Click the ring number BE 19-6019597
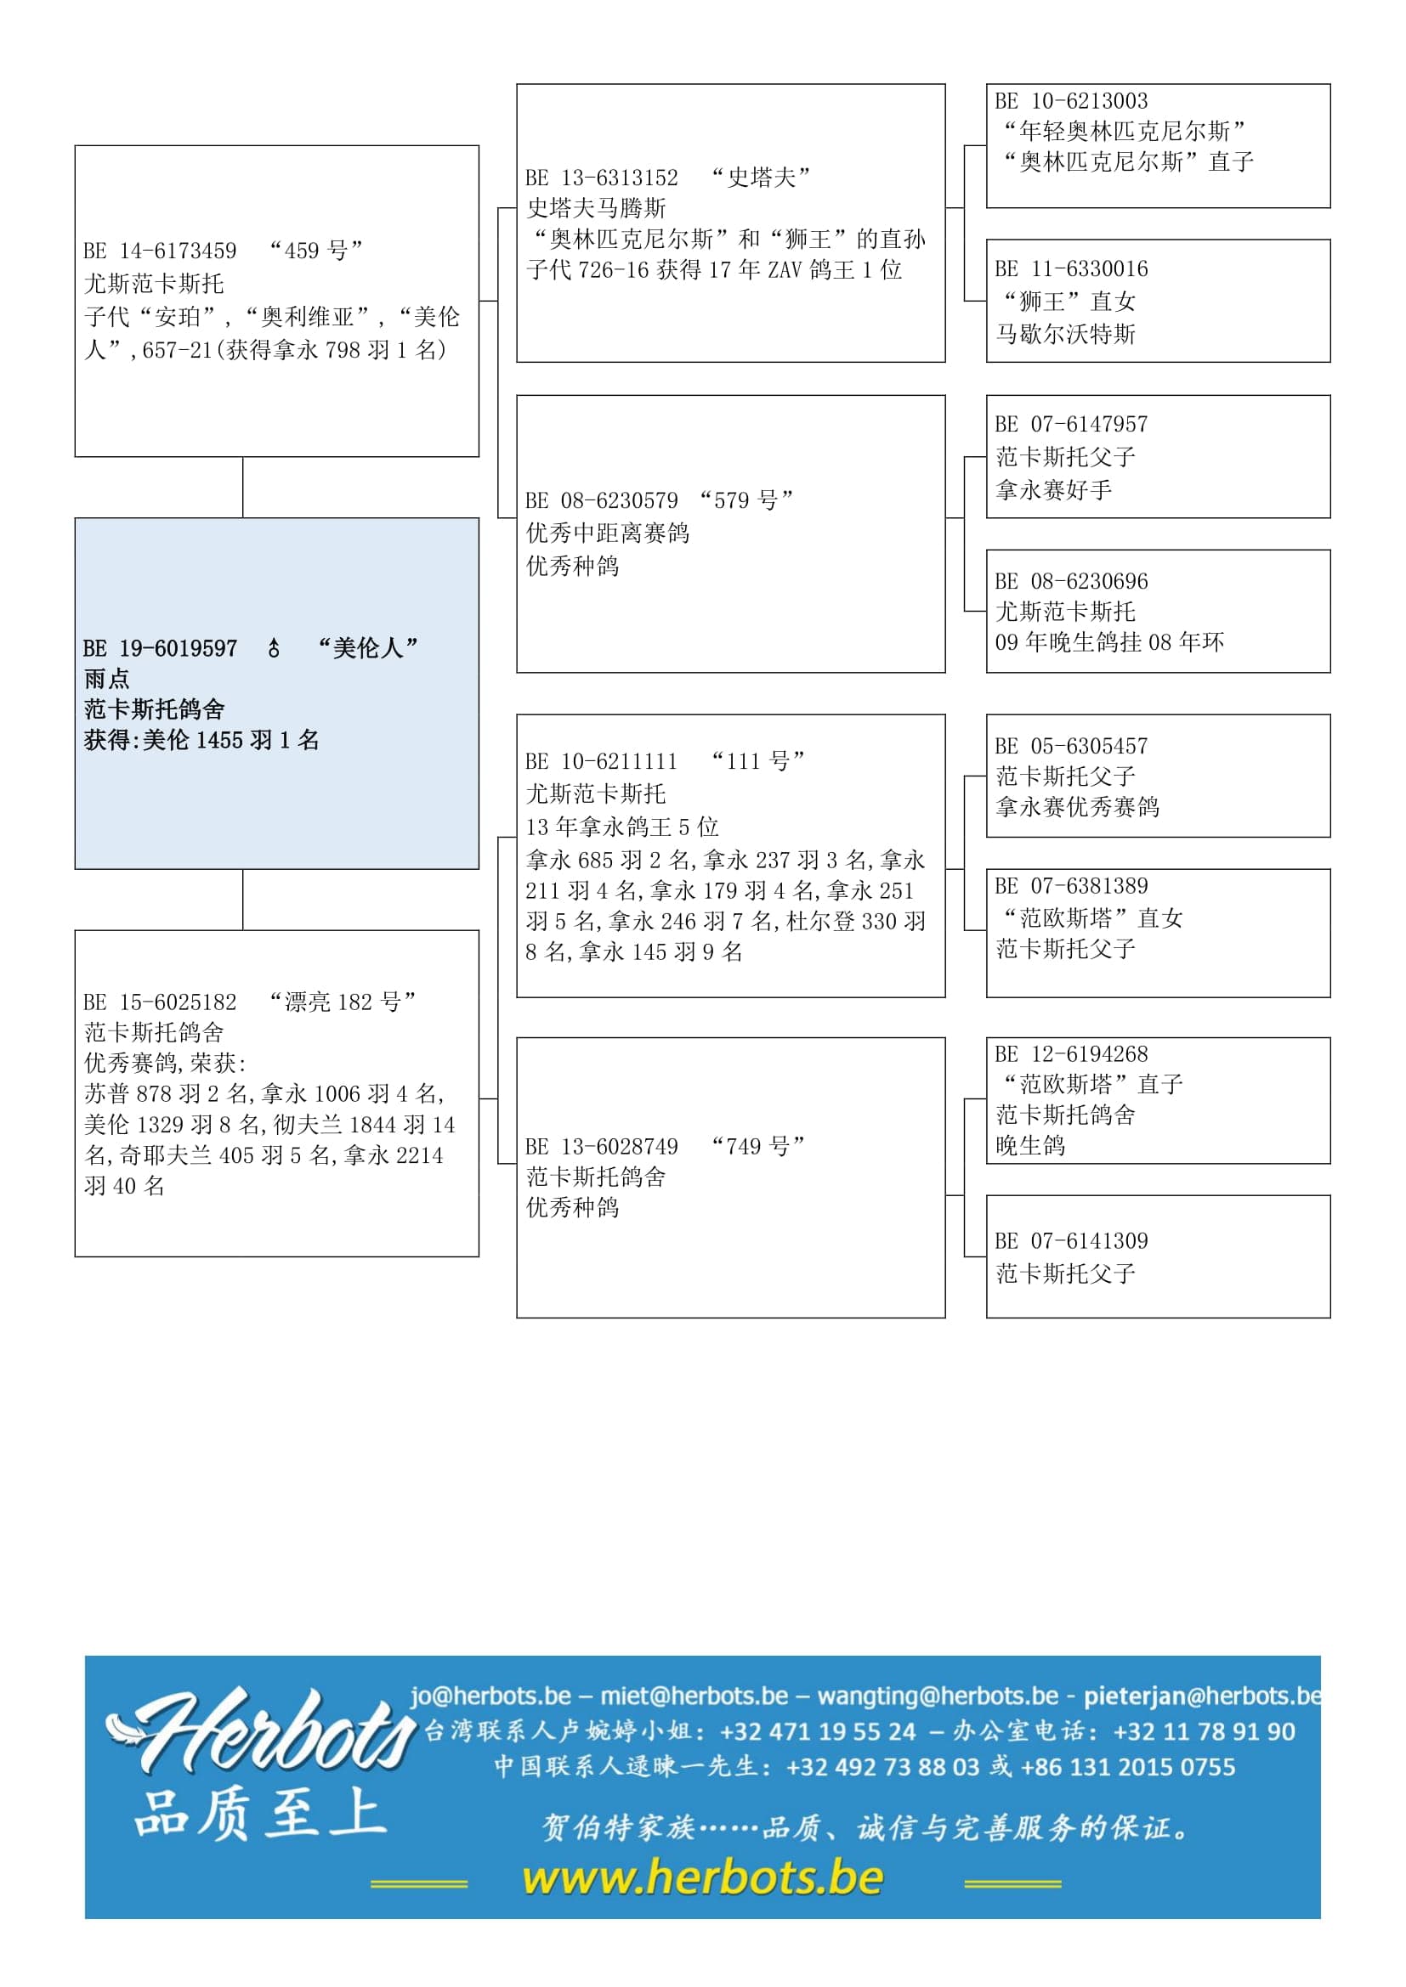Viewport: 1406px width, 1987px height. [x=160, y=648]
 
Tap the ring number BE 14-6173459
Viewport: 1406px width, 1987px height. [x=160, y=251]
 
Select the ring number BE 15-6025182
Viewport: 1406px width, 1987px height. [x=160, y=1002]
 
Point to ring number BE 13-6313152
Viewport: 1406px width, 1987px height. [x=602, y=178]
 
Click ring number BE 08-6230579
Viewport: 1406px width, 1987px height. [x=602, y=500]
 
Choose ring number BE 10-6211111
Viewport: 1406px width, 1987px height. [x=602, y=761]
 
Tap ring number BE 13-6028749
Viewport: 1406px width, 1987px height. [x=602, y=1147]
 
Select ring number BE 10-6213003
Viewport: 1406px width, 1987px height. [x=1071, y=101]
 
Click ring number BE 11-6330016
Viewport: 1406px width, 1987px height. [x=1071, y=269]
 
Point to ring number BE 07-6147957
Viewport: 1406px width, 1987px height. [x=1071, y=424]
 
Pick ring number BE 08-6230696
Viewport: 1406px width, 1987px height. [x=1071, y=581]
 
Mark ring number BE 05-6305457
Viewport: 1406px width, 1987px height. [x=1071, y=746]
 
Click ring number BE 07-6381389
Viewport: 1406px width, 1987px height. [x=1071, y=886]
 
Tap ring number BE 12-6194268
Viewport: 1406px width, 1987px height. [x=1071, y=1054]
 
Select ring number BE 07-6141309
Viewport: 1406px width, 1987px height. [x=1071, y=1241]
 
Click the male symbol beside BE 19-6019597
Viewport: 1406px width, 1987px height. [x=274, y=647]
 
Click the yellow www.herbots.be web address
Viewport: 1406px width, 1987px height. [x=703, y=1878]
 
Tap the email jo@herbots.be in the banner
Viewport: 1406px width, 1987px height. [x=490, y=1696]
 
